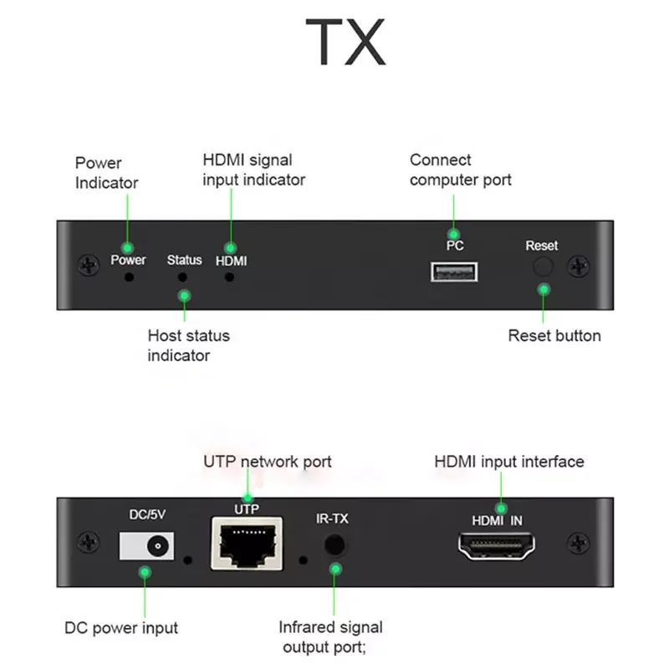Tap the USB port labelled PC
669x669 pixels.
(454, 272)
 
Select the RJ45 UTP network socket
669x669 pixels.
(247, 543)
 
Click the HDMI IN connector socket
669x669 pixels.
(497, 548)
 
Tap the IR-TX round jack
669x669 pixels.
(334, 544)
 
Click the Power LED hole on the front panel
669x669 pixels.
(128, 276)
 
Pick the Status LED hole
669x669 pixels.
(184, 276)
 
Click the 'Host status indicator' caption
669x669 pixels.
(188, 345)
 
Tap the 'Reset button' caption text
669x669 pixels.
(554, 336)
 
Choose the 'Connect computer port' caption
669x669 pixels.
(460, 170)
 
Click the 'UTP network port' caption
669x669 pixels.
(268, 462)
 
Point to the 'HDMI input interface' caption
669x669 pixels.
(509, 462)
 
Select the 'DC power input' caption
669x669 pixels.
(121, 628)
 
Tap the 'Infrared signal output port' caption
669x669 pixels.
(330, 637)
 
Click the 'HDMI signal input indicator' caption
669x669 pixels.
(253, 169)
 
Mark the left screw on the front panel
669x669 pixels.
(85, 266)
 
